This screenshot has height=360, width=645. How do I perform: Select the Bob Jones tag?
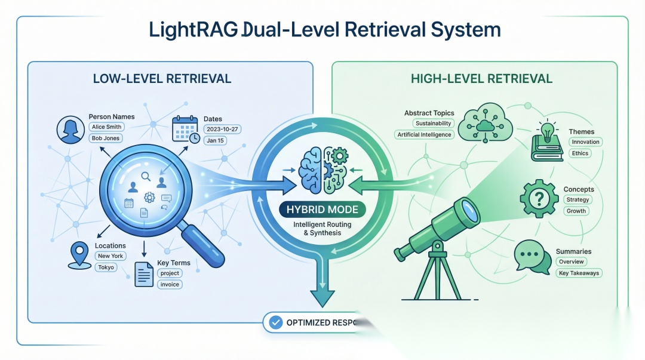(105, 139)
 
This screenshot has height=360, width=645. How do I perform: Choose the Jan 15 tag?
(214, 140)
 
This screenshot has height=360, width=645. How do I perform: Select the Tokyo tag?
(105, 267)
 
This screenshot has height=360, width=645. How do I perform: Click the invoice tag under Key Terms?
(170, 284)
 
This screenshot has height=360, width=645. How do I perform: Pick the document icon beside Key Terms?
(144, 274)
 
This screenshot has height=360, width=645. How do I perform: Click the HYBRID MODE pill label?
(322, 210)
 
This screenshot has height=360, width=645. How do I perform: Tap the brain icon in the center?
(322, 170)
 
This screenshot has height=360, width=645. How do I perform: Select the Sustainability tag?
(434, 123)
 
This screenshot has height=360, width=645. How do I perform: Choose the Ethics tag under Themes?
(580, 153)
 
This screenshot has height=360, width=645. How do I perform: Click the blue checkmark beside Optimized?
(275, 322)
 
